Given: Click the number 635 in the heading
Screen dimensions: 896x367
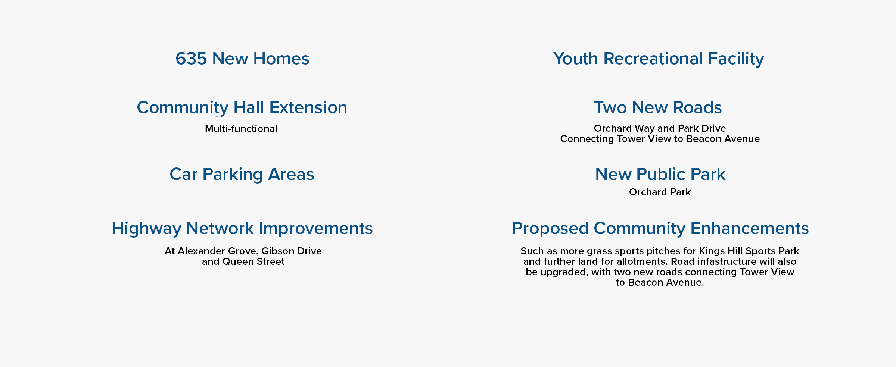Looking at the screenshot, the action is pyautogui.click(x=191, y=59).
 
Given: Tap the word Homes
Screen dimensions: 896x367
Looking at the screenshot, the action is pyautogui.click(x=281, y=59).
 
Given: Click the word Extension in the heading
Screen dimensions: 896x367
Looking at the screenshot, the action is pyautogui.click(x=308, y=107).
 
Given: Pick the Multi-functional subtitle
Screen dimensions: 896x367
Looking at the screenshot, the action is pyautogui.click(x=241, y=129).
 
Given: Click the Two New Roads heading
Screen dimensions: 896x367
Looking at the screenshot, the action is pyautogui.click(x=658, y=107).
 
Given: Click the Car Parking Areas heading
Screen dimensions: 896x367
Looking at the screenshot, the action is pyautogui.click(x=242, y=174).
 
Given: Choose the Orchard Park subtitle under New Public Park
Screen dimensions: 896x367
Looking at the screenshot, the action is pyautogui.click(x=660, y=192).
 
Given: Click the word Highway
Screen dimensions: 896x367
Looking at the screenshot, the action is pyautogui.click(x=146, y=229).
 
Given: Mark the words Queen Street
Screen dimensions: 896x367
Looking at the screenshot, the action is pyautogui.click(x=253, y=261).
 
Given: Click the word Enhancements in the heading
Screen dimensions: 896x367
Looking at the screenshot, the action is pyautogui.click(x=750, y=228).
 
